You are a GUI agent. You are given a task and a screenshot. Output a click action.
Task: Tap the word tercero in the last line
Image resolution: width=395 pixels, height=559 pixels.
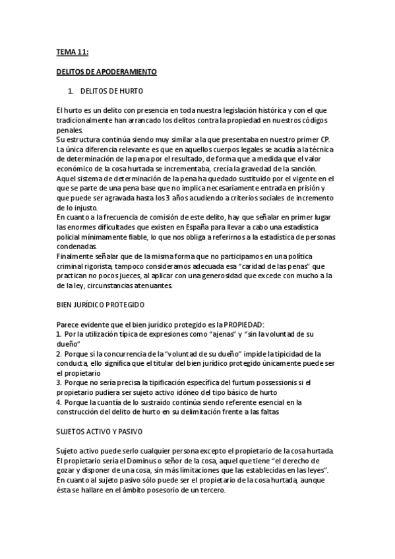click(x=210, y=491)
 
